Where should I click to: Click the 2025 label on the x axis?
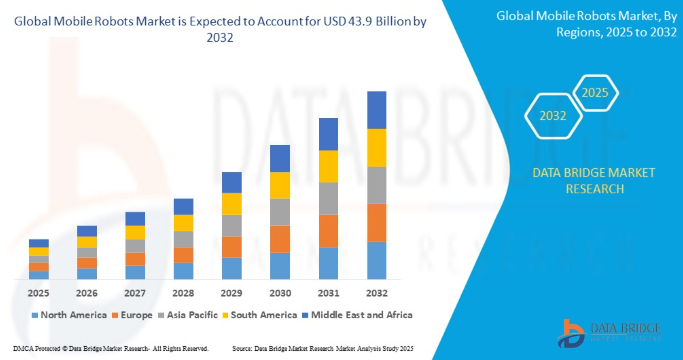pyautogui.click(x=38, y=293)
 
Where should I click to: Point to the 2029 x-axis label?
pyautogui.click(x=232, y=293)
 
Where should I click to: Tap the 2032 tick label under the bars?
pyautogui.click(x=376, y=293)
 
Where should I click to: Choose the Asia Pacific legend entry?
pyautogui.click(x=196, y=314)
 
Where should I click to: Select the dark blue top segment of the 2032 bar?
pyautogui.click(x=376, y=110)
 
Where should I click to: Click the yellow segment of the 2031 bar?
pyautogui.click(x=328, y=166)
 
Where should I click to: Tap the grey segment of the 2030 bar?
pyautogui.click(x=280, y=212)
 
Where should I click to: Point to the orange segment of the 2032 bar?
pyautogui.click(x=376, y=223)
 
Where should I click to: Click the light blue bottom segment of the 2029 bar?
pyautogui.click(x=232, y=268)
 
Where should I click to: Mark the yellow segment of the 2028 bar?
pyautogui.click(x=184, y=223)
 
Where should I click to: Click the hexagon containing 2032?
pyautogui.click(x=553, y=116)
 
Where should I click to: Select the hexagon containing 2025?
pyautogui.click(x=595, y=93)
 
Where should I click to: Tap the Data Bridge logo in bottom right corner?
pyautogui.click(x=606, y=330)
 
